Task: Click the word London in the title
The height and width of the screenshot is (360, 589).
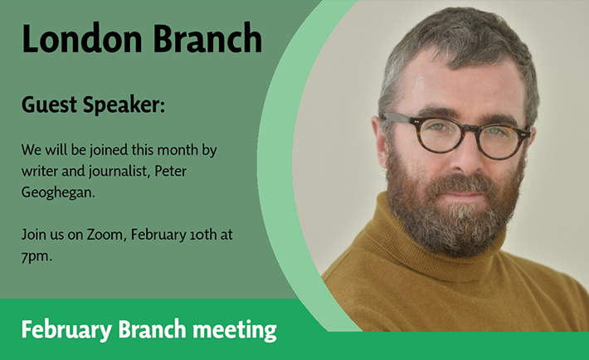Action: click(x=82, y=38)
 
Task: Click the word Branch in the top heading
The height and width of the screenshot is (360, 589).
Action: click(x=207, y=38)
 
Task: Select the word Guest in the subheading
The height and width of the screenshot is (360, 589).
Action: click(x=49, y=105)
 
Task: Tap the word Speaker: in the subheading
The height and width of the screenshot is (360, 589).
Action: click(x=124, y=105)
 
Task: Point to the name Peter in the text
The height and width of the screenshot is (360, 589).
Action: click(x=171, y=172)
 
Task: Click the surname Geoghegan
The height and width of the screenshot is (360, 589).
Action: click(x=58, y=193)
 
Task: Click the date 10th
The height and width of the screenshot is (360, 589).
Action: click(x=203, y=235)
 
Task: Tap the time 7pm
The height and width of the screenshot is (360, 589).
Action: click(x=37, y=257)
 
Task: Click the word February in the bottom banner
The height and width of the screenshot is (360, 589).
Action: click(x=66, y=330)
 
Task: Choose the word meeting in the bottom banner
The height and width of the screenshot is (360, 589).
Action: click(x=235, y=330)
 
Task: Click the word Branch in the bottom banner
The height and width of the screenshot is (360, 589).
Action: click(x=152, y=329)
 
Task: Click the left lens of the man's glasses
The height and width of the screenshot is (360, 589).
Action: click(x=440, y=135)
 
